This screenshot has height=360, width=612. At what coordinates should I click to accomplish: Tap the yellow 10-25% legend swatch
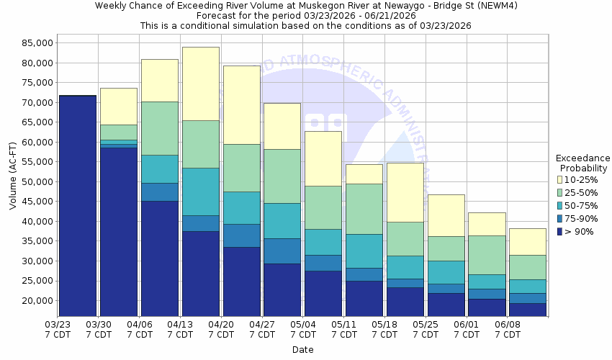[561, 180]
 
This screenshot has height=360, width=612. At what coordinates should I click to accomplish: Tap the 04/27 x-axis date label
[262, 330]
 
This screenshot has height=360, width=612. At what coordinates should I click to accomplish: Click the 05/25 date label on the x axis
[426, 330]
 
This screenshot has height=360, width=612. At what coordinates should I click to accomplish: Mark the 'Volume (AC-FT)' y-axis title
[13, 176]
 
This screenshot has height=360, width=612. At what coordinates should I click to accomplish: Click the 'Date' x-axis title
[303, 350]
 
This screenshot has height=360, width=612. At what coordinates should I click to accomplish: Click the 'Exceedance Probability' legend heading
[582, 163]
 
